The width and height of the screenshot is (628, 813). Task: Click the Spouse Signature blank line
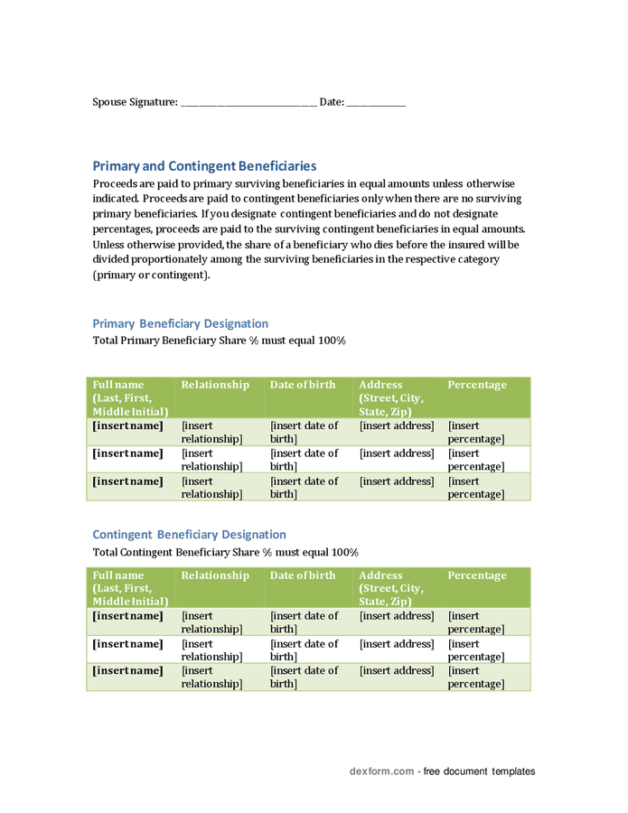coord(248,103)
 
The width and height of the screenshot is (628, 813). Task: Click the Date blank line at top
coord(376,103)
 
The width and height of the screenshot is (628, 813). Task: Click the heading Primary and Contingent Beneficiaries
coord(204,166)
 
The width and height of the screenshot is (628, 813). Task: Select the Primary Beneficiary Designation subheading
coord(180,323)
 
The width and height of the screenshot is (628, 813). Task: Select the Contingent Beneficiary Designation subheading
coord(189,535)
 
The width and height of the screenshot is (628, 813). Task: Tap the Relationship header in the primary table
coord(215,385)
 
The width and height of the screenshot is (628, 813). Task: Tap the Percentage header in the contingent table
coord(477,575)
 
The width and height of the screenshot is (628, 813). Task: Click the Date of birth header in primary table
coord(303,385)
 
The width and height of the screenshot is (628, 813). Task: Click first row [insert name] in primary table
coord(127,425)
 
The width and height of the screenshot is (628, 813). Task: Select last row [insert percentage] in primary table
coord(476,488)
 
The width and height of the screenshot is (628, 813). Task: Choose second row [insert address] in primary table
coord(397,453)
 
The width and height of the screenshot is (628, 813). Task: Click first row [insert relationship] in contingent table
coord(211,622)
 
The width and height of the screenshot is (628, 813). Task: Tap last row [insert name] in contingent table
coord(127,671)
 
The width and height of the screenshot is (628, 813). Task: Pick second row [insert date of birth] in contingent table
coord(304,650)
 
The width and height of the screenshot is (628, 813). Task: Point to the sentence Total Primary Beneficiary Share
coord(219,341)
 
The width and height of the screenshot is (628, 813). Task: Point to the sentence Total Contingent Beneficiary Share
coord(225,553)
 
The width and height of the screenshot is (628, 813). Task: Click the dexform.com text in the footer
coord(381,771)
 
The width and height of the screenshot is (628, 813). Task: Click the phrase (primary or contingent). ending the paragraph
coord(151,276)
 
